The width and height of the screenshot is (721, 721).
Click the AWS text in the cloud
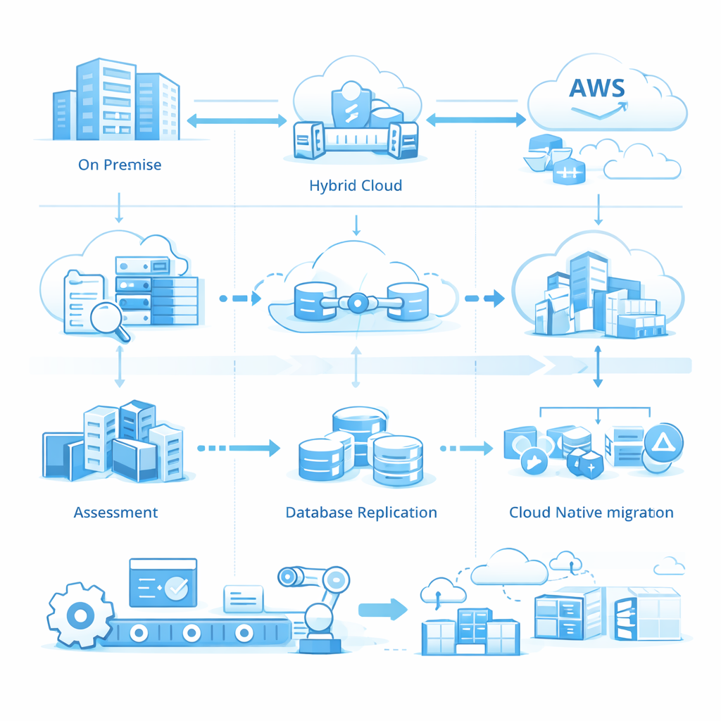[x=597, y=87]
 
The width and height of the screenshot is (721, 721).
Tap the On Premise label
[x=120, y=165]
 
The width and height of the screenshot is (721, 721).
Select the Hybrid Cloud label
[x=356, y=186]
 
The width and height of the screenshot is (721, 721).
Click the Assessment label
[x=115, y=512]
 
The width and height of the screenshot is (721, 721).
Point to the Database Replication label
[x=361, y=512]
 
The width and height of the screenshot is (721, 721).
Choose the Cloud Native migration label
[x=591, y=512]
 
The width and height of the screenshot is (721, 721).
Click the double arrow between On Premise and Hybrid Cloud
[x=237, y=121]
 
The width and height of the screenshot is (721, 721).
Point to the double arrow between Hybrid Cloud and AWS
[x=476, y=120]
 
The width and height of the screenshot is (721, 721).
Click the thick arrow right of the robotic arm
[x=383, y=608]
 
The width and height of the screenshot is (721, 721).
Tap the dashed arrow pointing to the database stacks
[x=239, y=447]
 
